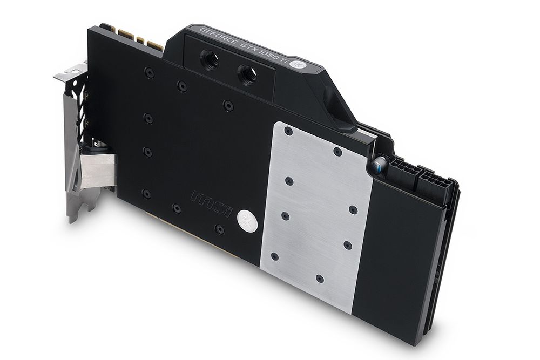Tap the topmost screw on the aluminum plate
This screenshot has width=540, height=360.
click(288, 131)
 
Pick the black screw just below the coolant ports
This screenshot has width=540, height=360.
click(228, 105)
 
